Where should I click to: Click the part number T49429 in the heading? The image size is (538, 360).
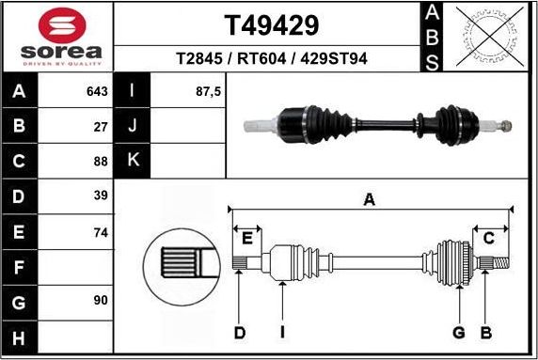click(x=271, y=24)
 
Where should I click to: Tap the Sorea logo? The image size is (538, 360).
click(x=56, y=37)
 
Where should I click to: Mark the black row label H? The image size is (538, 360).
click(x=19, y=337)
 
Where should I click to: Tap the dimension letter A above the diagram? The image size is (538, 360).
click(x=370, y=198)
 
